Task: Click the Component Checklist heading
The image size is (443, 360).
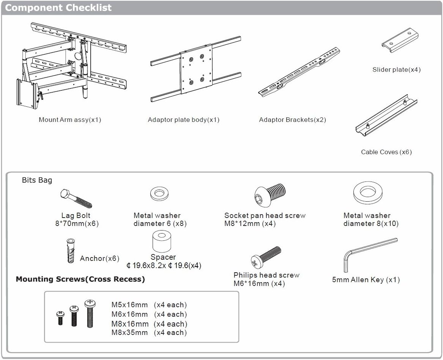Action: (x=58, y=8)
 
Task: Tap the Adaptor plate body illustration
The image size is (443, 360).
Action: (x=196, y=69)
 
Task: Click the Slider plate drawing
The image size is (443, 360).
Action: (x=400, y=40)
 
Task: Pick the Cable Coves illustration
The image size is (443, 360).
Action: (x=386, y=115)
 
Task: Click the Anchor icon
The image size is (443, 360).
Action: (x=71, y=251)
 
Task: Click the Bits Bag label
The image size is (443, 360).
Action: (x=37, y=180)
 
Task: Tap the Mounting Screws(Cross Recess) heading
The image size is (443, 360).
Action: (x=80, y=279)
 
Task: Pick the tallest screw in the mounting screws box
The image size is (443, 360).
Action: (x=90, y=314)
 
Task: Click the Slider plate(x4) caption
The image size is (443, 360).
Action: (x=396, y=69)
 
